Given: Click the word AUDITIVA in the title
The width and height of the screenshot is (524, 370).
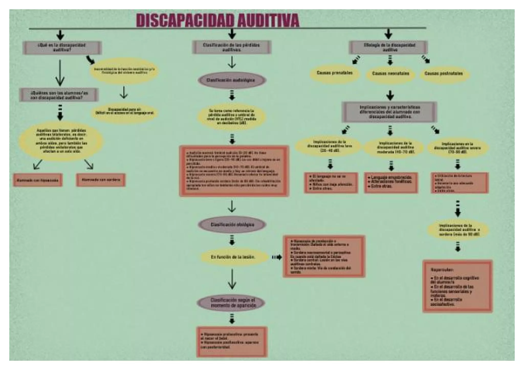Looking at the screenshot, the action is point(268,20).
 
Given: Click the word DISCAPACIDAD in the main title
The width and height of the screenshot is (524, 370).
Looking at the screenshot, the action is point(185,20).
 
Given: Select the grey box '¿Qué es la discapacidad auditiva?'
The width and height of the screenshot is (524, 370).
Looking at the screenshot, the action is point(62,48).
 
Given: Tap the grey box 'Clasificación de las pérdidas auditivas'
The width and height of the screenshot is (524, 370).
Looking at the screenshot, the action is point(232,47).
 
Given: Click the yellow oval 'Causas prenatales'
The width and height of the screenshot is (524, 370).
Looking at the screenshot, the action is point(334,73).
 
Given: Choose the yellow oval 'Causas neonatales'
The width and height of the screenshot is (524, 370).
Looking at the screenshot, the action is point(390,74).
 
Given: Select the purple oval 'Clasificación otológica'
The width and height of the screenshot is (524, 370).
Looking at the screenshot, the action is point(232,225).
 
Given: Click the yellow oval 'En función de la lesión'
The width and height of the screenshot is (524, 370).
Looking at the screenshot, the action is point(233,257).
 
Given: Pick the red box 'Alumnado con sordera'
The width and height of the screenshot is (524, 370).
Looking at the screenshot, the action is point(101,180).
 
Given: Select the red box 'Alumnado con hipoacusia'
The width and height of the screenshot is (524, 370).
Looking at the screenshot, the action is point(38,180).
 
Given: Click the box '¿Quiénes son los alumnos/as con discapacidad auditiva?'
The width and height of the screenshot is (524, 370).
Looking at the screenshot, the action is point(59,95).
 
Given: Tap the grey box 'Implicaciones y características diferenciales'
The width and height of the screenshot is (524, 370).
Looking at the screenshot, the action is point(389,112).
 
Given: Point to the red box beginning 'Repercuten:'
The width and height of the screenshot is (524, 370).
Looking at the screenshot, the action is point(457,286).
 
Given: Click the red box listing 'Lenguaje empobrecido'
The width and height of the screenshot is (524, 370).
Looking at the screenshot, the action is point(391,182).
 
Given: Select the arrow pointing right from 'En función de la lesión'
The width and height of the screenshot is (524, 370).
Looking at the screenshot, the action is point(277,257).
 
